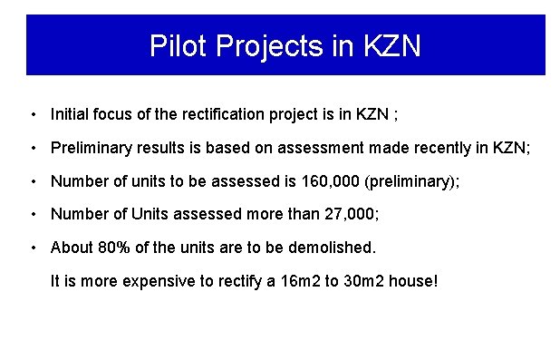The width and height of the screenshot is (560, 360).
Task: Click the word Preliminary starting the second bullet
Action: click(90, 147)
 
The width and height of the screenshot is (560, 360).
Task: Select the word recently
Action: click(430, 147)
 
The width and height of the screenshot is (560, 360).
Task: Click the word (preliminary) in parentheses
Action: click(404, 180)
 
